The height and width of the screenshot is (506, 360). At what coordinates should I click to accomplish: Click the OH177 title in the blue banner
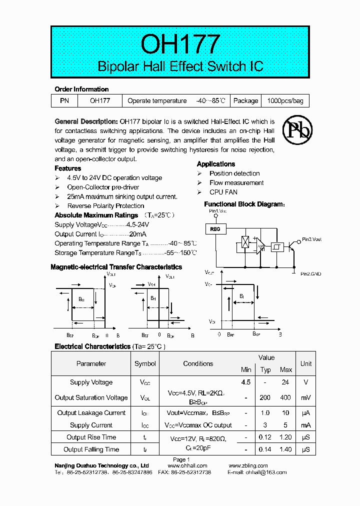pyautogui.click(x=180, y=44)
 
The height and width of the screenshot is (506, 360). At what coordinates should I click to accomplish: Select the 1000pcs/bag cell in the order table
pyautogui.click(x=285, y=100)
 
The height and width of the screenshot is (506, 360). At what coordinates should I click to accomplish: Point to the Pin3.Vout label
pyautogui.click(x=311, y=239)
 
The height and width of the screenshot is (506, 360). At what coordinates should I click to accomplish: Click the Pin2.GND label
pyautogui.click(x=310, y=273)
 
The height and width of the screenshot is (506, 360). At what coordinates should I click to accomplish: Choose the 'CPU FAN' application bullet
pyautogui.click(x=223, y=192)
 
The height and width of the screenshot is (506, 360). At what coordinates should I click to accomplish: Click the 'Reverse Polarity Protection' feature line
pyautogui.click(x=105, y=205)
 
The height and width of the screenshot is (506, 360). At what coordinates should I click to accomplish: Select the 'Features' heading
pyautogui.click(x=67, y=168)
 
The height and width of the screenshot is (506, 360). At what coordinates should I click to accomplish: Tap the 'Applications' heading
pyautogui.click(x=216, y=164)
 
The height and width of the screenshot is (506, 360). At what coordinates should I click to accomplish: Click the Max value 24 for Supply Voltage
pyautogui.click(x=285, y=382)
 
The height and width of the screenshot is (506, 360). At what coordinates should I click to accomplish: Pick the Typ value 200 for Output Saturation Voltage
pyautogui.click(x=265, y=397)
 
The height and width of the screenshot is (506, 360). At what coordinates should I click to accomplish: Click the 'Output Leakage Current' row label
pyautogui.click(x=91, y=413)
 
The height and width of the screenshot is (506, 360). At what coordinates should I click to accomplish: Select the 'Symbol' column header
pyautogui.click(x=145, y=363)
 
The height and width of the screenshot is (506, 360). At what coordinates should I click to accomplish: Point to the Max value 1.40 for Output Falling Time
pyautogui.click(x=285, y=449)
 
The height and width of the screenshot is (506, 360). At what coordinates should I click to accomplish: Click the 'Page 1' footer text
pyautogui.click(x=181, y=459)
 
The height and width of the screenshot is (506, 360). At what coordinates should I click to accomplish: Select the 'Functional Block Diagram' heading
pyautogui.click(x=244, y=204)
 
